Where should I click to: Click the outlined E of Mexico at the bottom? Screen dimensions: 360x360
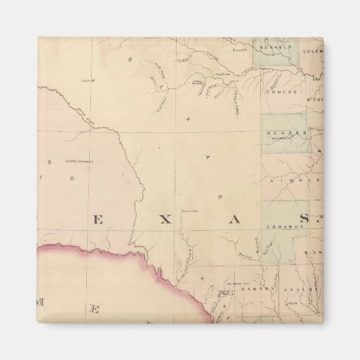(96, 310)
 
